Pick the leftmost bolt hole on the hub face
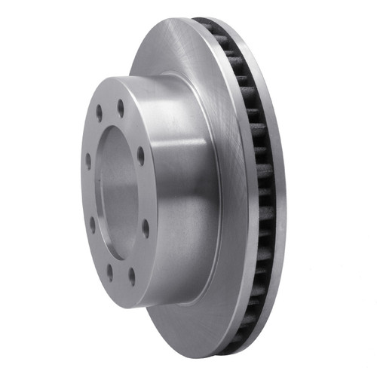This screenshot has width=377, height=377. tap(88, 161)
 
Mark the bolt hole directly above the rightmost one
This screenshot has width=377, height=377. tap(140, 155)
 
